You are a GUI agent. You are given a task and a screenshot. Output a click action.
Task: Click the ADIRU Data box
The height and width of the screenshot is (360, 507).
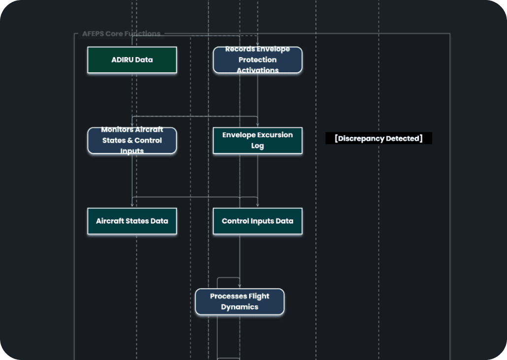click(x=132, y=60)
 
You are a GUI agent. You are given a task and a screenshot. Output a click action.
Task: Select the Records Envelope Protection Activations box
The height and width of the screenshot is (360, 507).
click(x=257, y=60)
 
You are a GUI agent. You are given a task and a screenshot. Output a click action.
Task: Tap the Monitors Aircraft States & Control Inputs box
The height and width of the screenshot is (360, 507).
click(x=132, y=141)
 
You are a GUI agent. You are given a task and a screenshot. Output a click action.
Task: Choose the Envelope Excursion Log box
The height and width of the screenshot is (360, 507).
click(x=257, y=141)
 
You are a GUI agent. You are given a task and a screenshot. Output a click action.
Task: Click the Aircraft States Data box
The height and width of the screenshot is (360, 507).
click(x=132, y=221)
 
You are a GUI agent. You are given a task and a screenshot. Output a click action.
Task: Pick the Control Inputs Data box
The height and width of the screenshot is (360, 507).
click(x=257, y=221)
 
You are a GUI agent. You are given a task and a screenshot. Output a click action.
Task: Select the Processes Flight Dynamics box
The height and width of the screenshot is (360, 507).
click(x=240, y=301)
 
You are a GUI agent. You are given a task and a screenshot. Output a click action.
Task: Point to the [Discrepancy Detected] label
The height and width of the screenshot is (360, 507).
click(x=379, y=139)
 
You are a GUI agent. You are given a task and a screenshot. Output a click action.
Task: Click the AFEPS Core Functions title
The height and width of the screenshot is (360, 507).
click(x=121, y=34)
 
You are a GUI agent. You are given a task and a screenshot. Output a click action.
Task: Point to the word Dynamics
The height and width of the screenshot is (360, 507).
click(x=240, y=307)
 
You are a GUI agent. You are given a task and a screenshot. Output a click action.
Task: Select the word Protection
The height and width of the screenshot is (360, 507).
click(x=257, y=60)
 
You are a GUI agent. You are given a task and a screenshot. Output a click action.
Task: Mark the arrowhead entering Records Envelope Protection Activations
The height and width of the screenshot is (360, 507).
click(x=257, y=45)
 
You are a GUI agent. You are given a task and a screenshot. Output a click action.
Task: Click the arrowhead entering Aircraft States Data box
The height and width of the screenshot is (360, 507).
click(x=132, y=206)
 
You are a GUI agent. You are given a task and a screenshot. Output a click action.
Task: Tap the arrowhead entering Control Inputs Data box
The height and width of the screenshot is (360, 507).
click(x=257, y=206)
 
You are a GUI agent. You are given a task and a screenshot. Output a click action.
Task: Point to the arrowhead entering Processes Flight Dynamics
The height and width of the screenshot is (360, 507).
click(x=240, y=286)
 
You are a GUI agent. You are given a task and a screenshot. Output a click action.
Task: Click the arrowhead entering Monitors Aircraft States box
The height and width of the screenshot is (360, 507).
click(x=132, y=125)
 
